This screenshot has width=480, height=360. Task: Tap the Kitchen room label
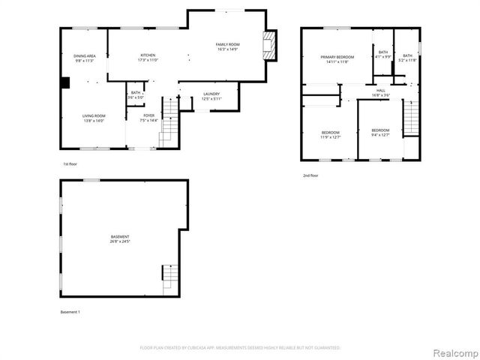pos(148,57)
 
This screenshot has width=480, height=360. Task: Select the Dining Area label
pos(83,58)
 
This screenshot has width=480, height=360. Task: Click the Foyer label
pos(149,118)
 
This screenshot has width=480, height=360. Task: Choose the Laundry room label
pos(211,96)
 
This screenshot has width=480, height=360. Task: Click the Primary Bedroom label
pos(337,60)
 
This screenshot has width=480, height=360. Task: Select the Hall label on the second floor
pos(380,93)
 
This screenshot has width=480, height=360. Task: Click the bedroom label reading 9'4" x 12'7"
pos(380,133)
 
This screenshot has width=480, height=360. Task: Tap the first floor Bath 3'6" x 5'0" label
pos(136,94)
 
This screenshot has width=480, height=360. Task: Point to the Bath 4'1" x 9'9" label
pos(383,55)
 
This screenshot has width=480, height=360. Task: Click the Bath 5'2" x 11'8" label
pos(407,57)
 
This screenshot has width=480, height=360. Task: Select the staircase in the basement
pos(170,277)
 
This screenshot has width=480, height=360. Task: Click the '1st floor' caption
pos(70,163)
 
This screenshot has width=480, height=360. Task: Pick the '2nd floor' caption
pos(310,175)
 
